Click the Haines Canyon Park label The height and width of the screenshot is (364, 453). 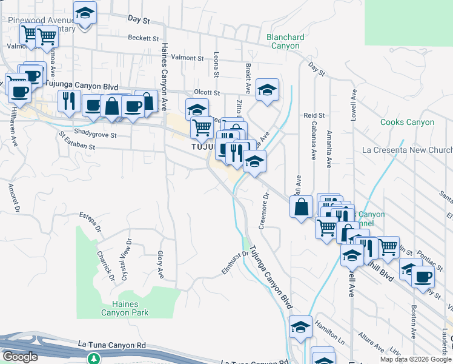click(121, 308)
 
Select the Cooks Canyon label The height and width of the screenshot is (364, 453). click(407, 122)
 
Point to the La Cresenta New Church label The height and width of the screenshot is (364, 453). click(406, 150)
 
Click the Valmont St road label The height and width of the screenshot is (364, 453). click(187, 58)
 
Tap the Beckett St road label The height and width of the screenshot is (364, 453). click(143, 38)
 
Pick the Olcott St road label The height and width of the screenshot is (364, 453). click(207, 92)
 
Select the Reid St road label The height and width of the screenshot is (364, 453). click(314, 115)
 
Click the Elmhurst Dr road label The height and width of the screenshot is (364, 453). click(235, 262)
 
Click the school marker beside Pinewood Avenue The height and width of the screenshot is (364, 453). click(85, 13)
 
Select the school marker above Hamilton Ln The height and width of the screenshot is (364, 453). click(300, 327)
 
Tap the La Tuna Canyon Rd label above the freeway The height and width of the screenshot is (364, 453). click(112, 345)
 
